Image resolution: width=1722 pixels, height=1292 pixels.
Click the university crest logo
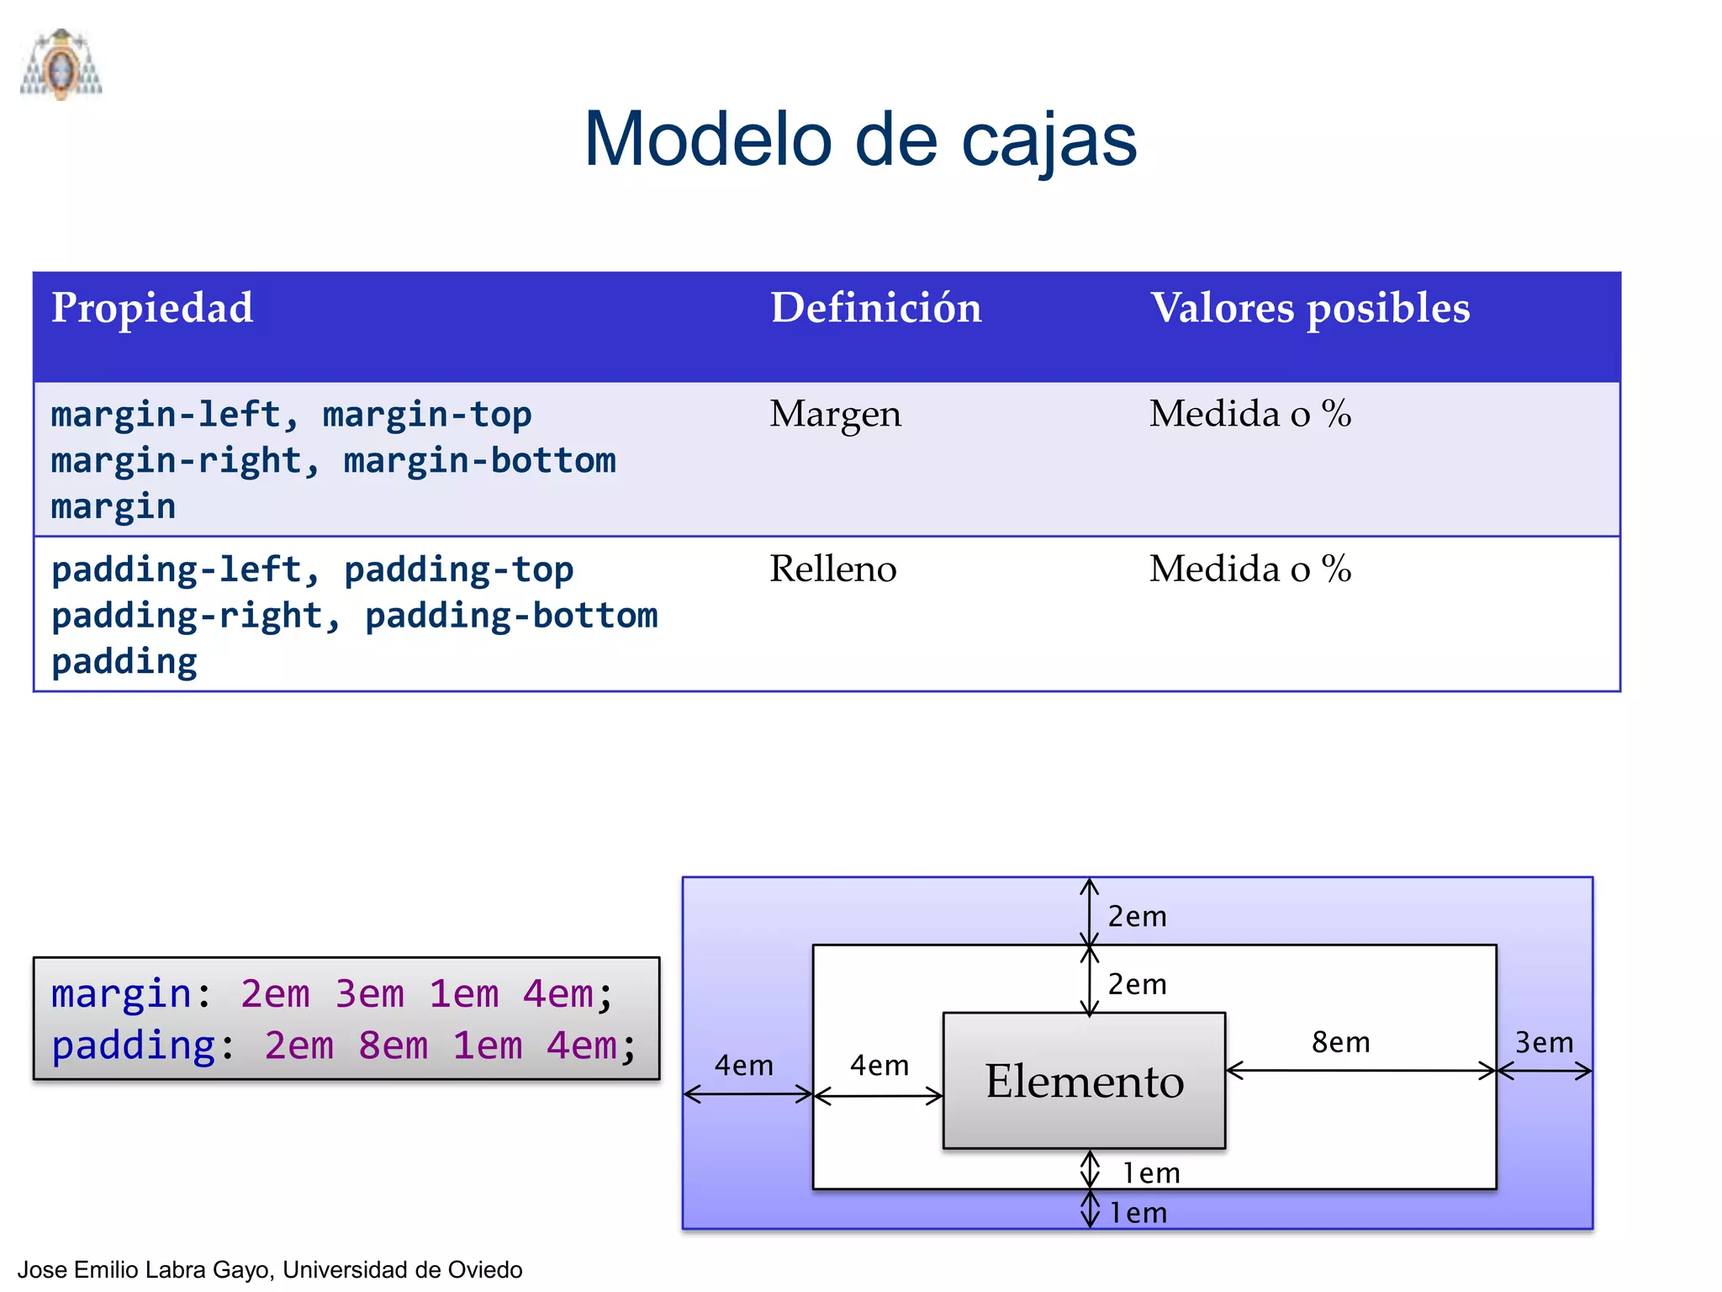click(x=61, y=65)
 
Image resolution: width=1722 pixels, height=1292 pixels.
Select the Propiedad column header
click(x=152, y=308)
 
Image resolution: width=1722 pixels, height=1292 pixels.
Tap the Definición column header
click(x=875, y=308)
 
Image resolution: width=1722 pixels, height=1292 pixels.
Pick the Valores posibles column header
click(x=1309, y=308)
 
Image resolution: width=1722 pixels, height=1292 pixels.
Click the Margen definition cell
click(x=835, y=414)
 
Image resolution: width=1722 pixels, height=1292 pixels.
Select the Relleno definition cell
click(x=832, y=569)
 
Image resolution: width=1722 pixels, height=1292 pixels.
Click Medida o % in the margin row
click(x=1249, y=414)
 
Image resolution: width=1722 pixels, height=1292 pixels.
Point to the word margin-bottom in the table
click(x=479, y=461)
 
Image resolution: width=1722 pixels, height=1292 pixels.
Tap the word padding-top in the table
click(x=458, y=570)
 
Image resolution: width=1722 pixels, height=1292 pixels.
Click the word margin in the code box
click(x=121, y=994)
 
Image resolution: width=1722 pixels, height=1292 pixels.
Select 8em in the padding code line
click(x=393, y=1046)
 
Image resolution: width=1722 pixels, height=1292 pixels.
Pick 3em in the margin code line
click(x=369, y=994)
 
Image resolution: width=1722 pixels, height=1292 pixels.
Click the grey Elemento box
click(x=1084, y=1081)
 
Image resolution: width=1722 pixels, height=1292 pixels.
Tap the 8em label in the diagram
click(x=1340, y=1042)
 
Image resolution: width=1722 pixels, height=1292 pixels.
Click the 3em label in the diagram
click(x=1544, y=1043)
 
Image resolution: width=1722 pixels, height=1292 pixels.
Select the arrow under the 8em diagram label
click(x=1360, y=1071)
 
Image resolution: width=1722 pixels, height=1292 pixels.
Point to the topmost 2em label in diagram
click(x=1137, y=916)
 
